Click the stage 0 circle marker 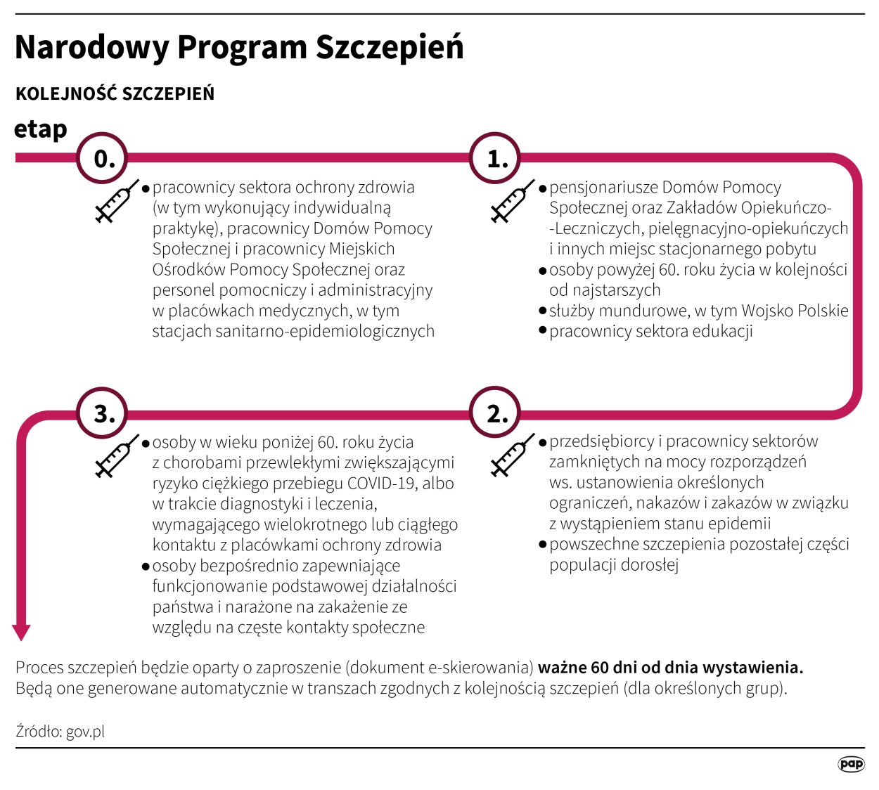[103, 158]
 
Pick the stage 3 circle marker [103, 413]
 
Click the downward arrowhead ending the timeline [22, 632]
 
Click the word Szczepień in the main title [390, 48]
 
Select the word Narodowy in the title [91, 48]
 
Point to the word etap [41, 129]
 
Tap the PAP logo [851, 764]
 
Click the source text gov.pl [85, 732]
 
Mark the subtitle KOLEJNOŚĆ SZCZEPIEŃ [115, 93]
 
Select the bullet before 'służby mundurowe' [543, 311]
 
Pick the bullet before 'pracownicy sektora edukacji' [543, 331]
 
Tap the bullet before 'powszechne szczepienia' [543, 544]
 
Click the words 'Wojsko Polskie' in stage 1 [795, 311]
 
